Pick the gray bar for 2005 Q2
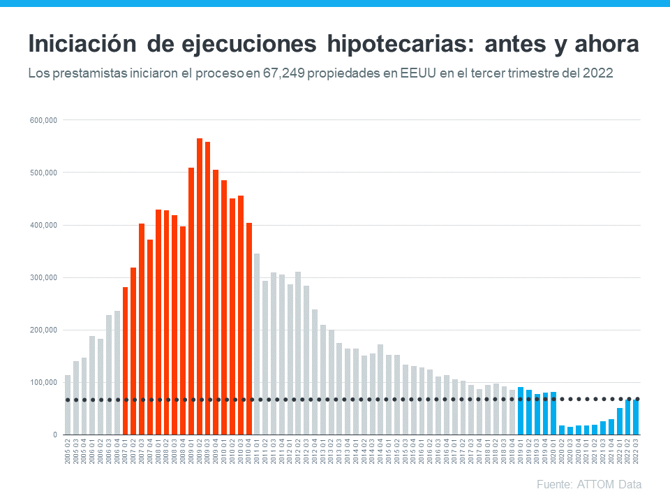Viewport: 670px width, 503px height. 68,404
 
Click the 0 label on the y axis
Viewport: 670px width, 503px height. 54,435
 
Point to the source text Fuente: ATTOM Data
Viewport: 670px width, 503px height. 589,484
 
